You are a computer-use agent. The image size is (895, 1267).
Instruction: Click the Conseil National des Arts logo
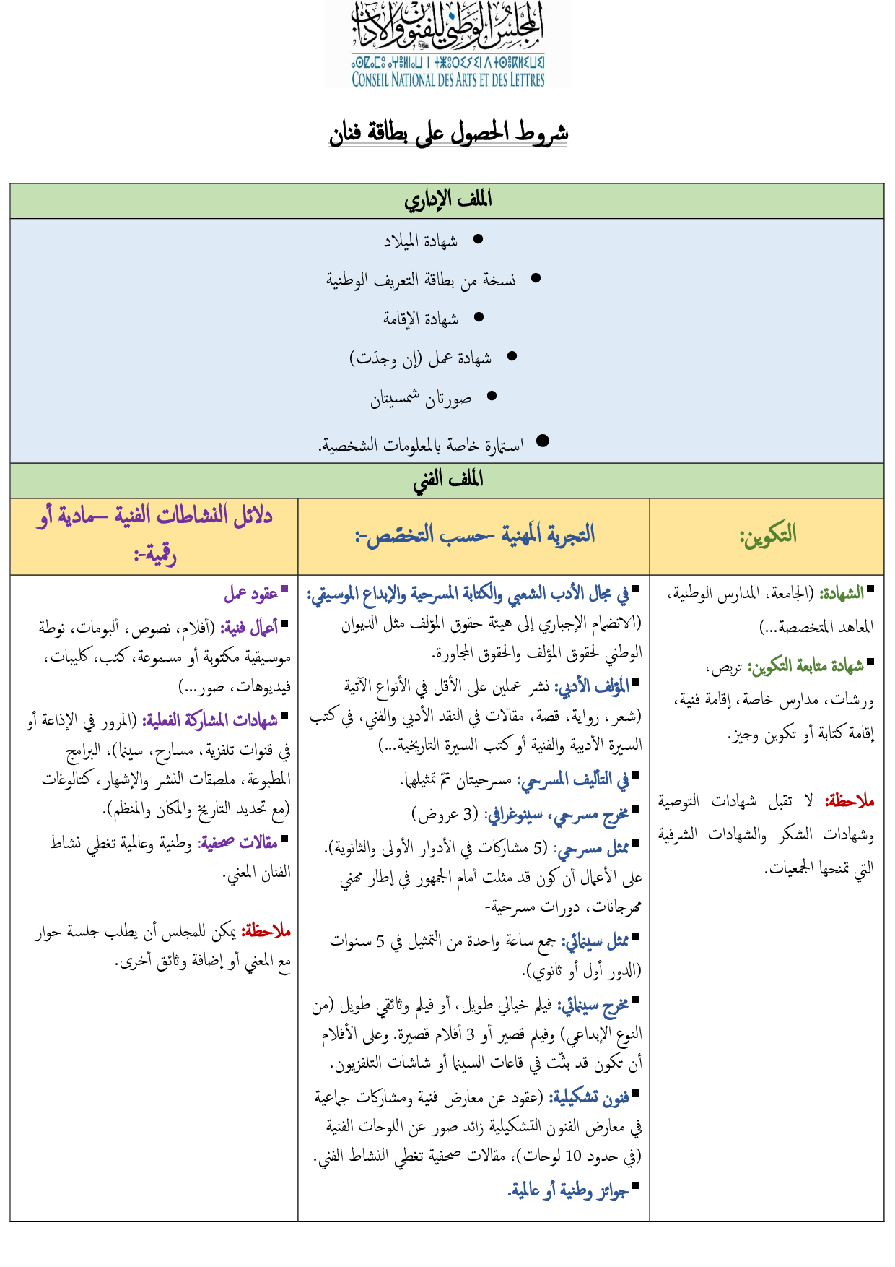447,45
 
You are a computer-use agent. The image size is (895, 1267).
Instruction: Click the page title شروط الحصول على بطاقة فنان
448,134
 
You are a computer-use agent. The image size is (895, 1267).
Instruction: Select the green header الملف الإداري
447,200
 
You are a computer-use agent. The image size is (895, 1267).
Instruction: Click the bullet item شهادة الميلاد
421,241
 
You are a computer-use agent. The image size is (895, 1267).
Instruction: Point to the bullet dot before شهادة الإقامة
479,317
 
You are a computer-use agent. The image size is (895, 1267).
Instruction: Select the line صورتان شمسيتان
421,398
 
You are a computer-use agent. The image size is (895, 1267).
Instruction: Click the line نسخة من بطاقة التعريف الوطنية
421,280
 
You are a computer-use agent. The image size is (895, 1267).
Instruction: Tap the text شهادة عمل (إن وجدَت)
421,358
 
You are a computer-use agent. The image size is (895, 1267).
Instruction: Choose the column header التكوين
767,535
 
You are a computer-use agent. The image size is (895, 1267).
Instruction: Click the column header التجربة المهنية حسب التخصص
474,535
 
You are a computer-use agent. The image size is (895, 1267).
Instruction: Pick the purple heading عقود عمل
251,594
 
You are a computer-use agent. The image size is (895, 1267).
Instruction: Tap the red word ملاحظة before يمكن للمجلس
266,932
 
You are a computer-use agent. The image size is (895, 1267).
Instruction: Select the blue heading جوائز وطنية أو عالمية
569,1190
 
